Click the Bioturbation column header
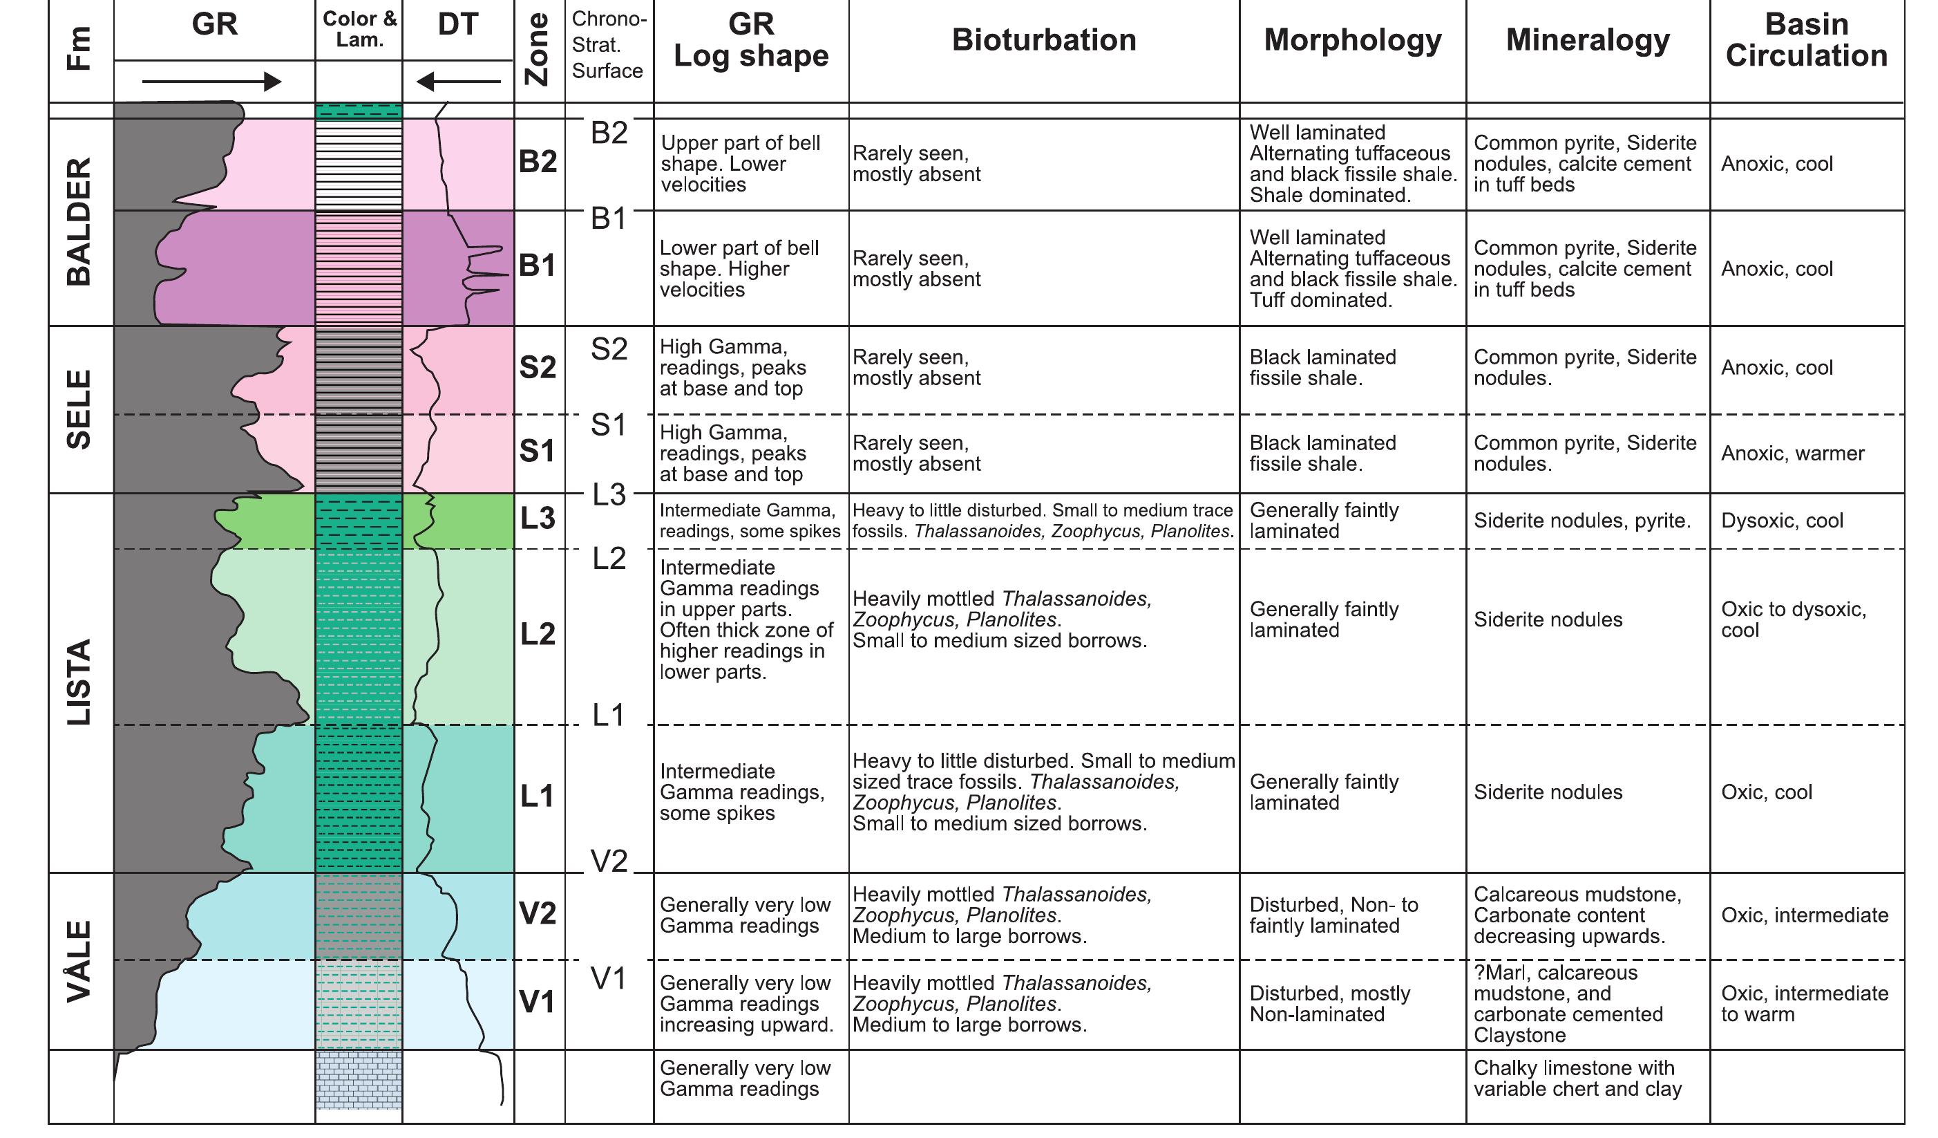1043,40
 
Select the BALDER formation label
79,222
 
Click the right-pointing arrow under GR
212,82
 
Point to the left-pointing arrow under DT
457,82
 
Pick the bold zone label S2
538,368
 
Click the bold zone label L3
538,519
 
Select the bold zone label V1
537,1002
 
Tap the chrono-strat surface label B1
608,219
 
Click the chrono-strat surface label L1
608,716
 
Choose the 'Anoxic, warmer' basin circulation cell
1792,454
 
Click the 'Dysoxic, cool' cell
1781,521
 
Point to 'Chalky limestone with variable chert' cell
1577,1078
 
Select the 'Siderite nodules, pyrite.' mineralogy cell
1582,521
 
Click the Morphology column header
1352,40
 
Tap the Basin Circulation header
1806,40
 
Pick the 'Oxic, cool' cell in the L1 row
1766,792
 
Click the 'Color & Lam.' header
359,29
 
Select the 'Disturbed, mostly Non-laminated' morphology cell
1330,1003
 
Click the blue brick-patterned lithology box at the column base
359,1079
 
